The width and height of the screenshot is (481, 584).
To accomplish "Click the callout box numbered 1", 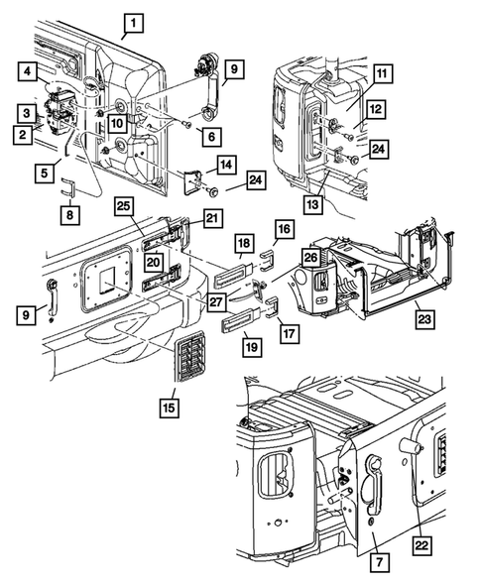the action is tap(133, 24).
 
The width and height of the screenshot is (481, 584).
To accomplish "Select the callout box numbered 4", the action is tap(28, 71).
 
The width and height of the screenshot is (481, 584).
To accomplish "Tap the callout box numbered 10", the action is tap(117, 123).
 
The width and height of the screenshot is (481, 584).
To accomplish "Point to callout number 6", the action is tap(211, 136).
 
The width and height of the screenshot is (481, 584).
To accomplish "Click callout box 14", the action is tap(226, 165).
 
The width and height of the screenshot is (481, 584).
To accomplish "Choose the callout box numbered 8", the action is tap(70, 215).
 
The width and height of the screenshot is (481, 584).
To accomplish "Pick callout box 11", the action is tap(382, 73).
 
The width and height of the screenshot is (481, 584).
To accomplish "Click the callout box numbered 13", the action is tap(313, 204).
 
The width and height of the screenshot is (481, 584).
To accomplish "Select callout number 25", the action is tap(123, 206).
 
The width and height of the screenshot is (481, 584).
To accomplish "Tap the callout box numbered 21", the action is tap(212, 218).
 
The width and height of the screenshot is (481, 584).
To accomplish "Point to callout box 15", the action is tap(170, 408).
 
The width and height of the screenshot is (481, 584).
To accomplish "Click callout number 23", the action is tap(424, 319).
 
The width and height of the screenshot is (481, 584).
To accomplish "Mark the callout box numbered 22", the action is tap(421, 546).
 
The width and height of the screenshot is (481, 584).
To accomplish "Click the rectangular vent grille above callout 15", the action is tap(190, 356).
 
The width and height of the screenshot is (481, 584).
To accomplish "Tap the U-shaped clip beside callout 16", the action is tap(267, 261).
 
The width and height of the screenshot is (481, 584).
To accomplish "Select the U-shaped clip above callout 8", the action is tap(67, 187).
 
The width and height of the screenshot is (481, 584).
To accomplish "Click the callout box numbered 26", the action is tap(311, 258).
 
